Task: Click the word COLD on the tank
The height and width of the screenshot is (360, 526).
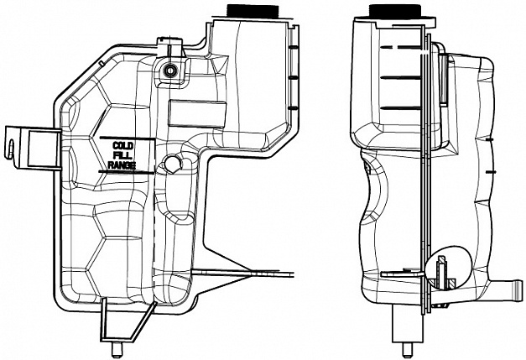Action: (x=123, y=146)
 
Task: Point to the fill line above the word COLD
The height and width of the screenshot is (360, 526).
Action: (x=122, y=136)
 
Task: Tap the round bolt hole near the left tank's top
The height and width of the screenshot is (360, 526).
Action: (x=171, y=70)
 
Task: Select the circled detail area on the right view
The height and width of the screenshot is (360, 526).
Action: (x=445, y=268)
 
